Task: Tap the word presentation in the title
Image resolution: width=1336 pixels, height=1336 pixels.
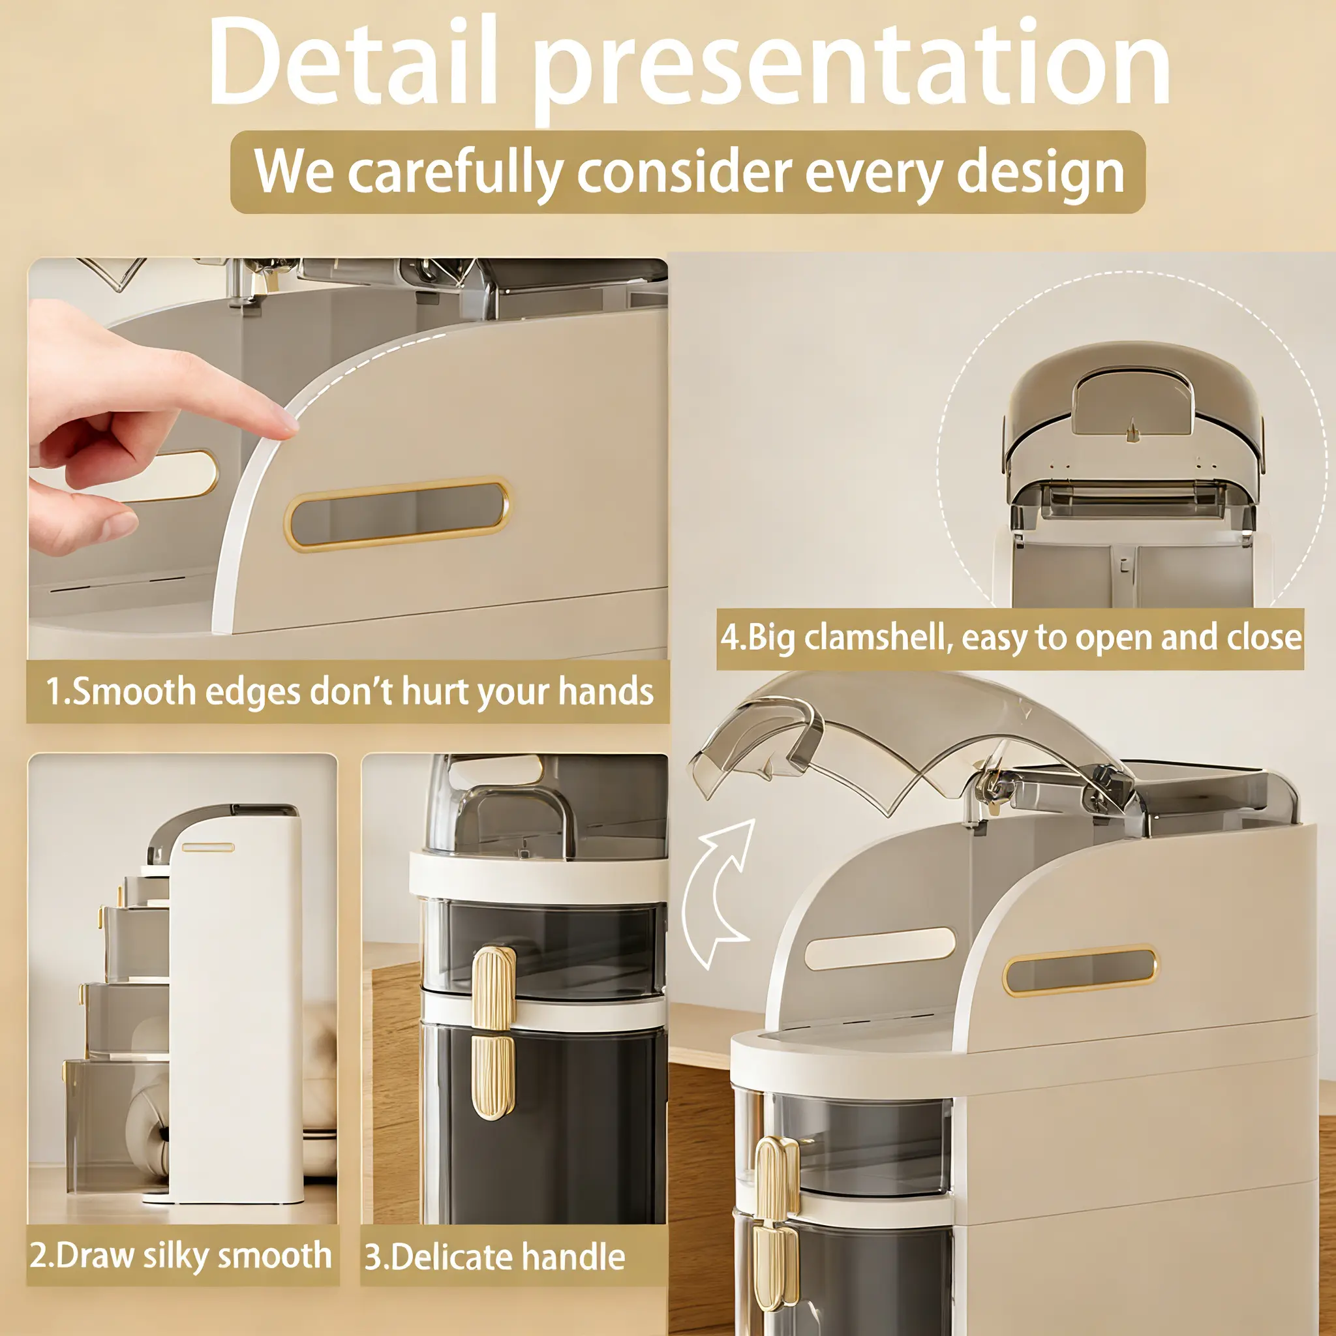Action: click(853, 69)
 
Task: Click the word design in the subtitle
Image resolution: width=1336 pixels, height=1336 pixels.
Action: click(1040, 173)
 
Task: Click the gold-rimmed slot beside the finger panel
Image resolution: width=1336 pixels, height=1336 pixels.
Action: click(399, 514)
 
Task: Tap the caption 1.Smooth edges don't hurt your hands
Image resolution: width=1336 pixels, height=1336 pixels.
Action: click(349, 691)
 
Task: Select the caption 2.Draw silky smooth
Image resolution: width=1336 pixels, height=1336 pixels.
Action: click(181, 1255)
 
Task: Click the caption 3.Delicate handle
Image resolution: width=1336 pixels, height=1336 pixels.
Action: click(495, 1256)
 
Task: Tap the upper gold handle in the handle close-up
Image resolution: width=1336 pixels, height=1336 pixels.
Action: click(494, 990)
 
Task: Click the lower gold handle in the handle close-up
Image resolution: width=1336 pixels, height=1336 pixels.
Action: click(493, 1075)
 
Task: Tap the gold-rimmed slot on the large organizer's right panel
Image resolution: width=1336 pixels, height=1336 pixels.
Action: click(1080, 970)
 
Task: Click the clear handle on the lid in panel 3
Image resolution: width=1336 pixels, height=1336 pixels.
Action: click(513, 820)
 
